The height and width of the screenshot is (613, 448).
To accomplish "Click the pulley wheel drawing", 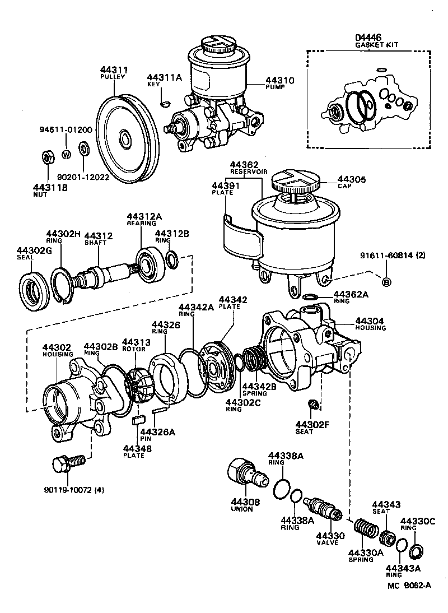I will click(124, 137).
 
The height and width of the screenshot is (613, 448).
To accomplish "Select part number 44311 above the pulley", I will click(115, 69).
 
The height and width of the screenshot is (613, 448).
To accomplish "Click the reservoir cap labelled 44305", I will click(295, 183).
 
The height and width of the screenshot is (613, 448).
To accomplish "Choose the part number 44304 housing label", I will click(370, 321).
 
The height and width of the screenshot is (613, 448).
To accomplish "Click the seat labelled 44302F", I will click(314, 405).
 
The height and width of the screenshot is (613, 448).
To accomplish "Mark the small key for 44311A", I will click(165, 103).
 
